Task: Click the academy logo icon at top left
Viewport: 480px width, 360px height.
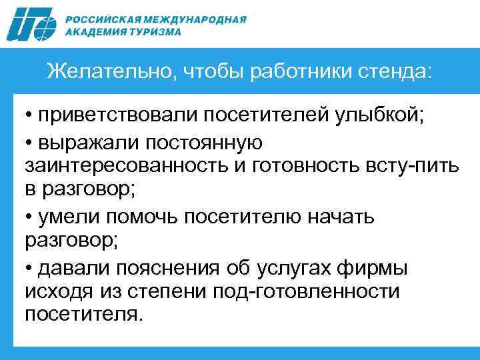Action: (33, 25)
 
